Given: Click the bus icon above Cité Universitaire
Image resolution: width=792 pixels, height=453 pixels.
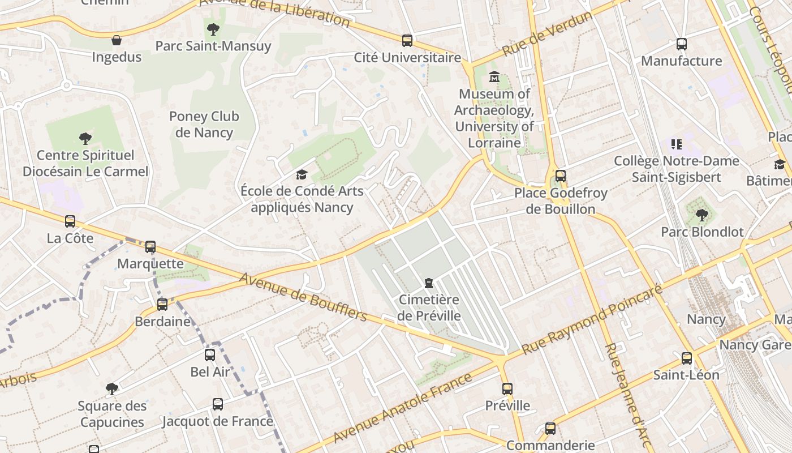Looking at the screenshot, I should tap(407, 41).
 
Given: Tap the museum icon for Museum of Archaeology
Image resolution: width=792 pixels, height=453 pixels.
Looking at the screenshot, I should tap(494, 76).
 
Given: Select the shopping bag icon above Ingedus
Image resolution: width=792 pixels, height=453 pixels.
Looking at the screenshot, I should tap(117, 40).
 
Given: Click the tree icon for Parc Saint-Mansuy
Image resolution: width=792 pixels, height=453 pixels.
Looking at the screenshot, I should tap(213, 29).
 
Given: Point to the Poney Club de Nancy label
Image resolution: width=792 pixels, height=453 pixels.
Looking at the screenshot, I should tap(204, 125).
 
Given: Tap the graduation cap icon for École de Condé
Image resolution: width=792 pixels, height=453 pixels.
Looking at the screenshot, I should tap(302, 174).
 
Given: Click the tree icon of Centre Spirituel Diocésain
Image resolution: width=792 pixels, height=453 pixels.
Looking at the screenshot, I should tap(85, 138).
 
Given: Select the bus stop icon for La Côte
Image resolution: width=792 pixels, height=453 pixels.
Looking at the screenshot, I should tap(70, 221).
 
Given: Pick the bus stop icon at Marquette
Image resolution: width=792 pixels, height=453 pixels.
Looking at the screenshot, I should tap(150, 247).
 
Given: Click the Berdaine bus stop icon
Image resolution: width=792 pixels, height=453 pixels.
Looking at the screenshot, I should tap(162, 305).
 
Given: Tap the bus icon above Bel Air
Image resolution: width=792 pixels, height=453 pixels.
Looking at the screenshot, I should tap(210, 355).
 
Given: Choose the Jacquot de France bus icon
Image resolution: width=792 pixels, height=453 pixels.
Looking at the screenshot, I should tap(218, 404).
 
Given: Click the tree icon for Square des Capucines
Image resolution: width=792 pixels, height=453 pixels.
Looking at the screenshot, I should tap(112, 389).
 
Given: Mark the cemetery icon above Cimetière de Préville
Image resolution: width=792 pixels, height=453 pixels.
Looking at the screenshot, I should tap(429, 283).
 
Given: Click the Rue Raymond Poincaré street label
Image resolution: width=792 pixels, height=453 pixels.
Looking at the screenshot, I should tap(592, 320).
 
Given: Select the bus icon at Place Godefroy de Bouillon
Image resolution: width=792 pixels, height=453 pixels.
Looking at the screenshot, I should tap(561, 176).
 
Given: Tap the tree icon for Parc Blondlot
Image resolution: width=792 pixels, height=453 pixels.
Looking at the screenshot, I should tap(702, 215).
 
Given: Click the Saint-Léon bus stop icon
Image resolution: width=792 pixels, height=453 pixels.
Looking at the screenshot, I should tap(687, 358).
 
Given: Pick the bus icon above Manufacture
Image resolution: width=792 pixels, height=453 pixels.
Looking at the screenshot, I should tap(682, 44).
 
